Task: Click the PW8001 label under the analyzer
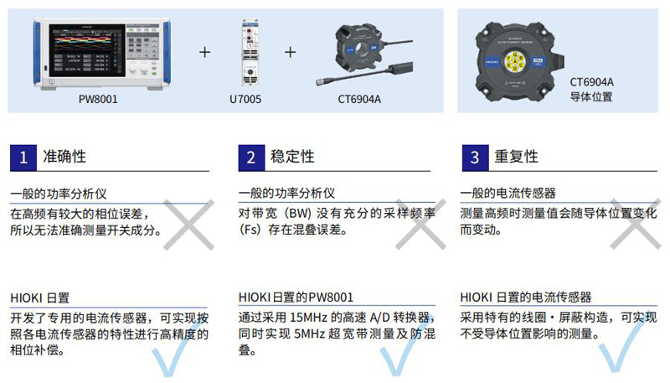pyautogui.click(x=98, y=99)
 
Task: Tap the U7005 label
pyautogui.click(x=245, y=99)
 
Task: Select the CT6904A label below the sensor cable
pyautogui.click(x=359, y=99)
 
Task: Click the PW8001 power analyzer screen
pyautogui.click(x=87, y=50)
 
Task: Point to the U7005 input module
pyautogui.click(x=250, y=52)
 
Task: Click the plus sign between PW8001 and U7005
pyautogui.click(x=204, y=52)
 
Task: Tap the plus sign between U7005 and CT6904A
pyautogui.click(x=290, y=52)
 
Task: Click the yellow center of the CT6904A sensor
pyautogui.click(x=515, y=62)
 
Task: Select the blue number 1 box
pyautogui.click(x=23, y=158)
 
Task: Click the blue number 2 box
pyautogui.click(x=251, y=158)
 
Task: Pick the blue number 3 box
pyautogui.click(x=475, y=158)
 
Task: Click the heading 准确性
pyautogui.click(x=64, y=157)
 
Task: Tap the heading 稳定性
pyautogui.click(x=292, y=157)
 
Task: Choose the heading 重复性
pyautogui.click(x=516, y=157)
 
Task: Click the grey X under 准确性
pyautogui.click(x=189, y=225)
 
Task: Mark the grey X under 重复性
pyautogui.click(x=636, y=224)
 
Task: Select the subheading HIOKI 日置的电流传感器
pyautogui.click(x=526, y=297)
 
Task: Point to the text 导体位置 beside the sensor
pyautogui.click(x=591, y=96)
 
